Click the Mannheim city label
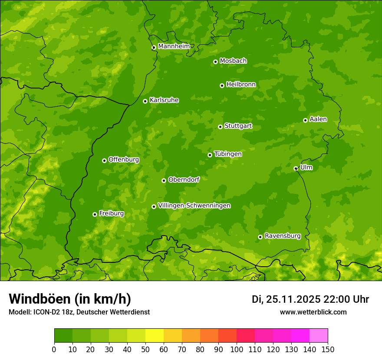tap(174, 46)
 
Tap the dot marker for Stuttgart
tap(220, 127)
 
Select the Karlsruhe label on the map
tap(164, 100)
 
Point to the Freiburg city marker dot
tap(95, 214)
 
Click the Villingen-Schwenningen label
tap(194, 206)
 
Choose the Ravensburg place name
tap(282, 236)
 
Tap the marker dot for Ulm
tap(296, 168)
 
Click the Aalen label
tap(318, 119)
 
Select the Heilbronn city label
tap(241, 85)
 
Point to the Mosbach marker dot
tap(215, 62)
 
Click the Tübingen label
tap(227, 154)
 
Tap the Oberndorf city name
tap(184, 180)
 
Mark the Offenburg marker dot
tap(104, 160)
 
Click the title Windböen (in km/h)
tap(70, 299)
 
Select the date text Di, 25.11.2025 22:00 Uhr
tap(310, 299)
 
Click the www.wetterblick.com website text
tap(313, 312)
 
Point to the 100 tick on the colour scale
tap(237, 349)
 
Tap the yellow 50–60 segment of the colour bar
tap(155, 336)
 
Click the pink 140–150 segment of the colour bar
tap(319, 336)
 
